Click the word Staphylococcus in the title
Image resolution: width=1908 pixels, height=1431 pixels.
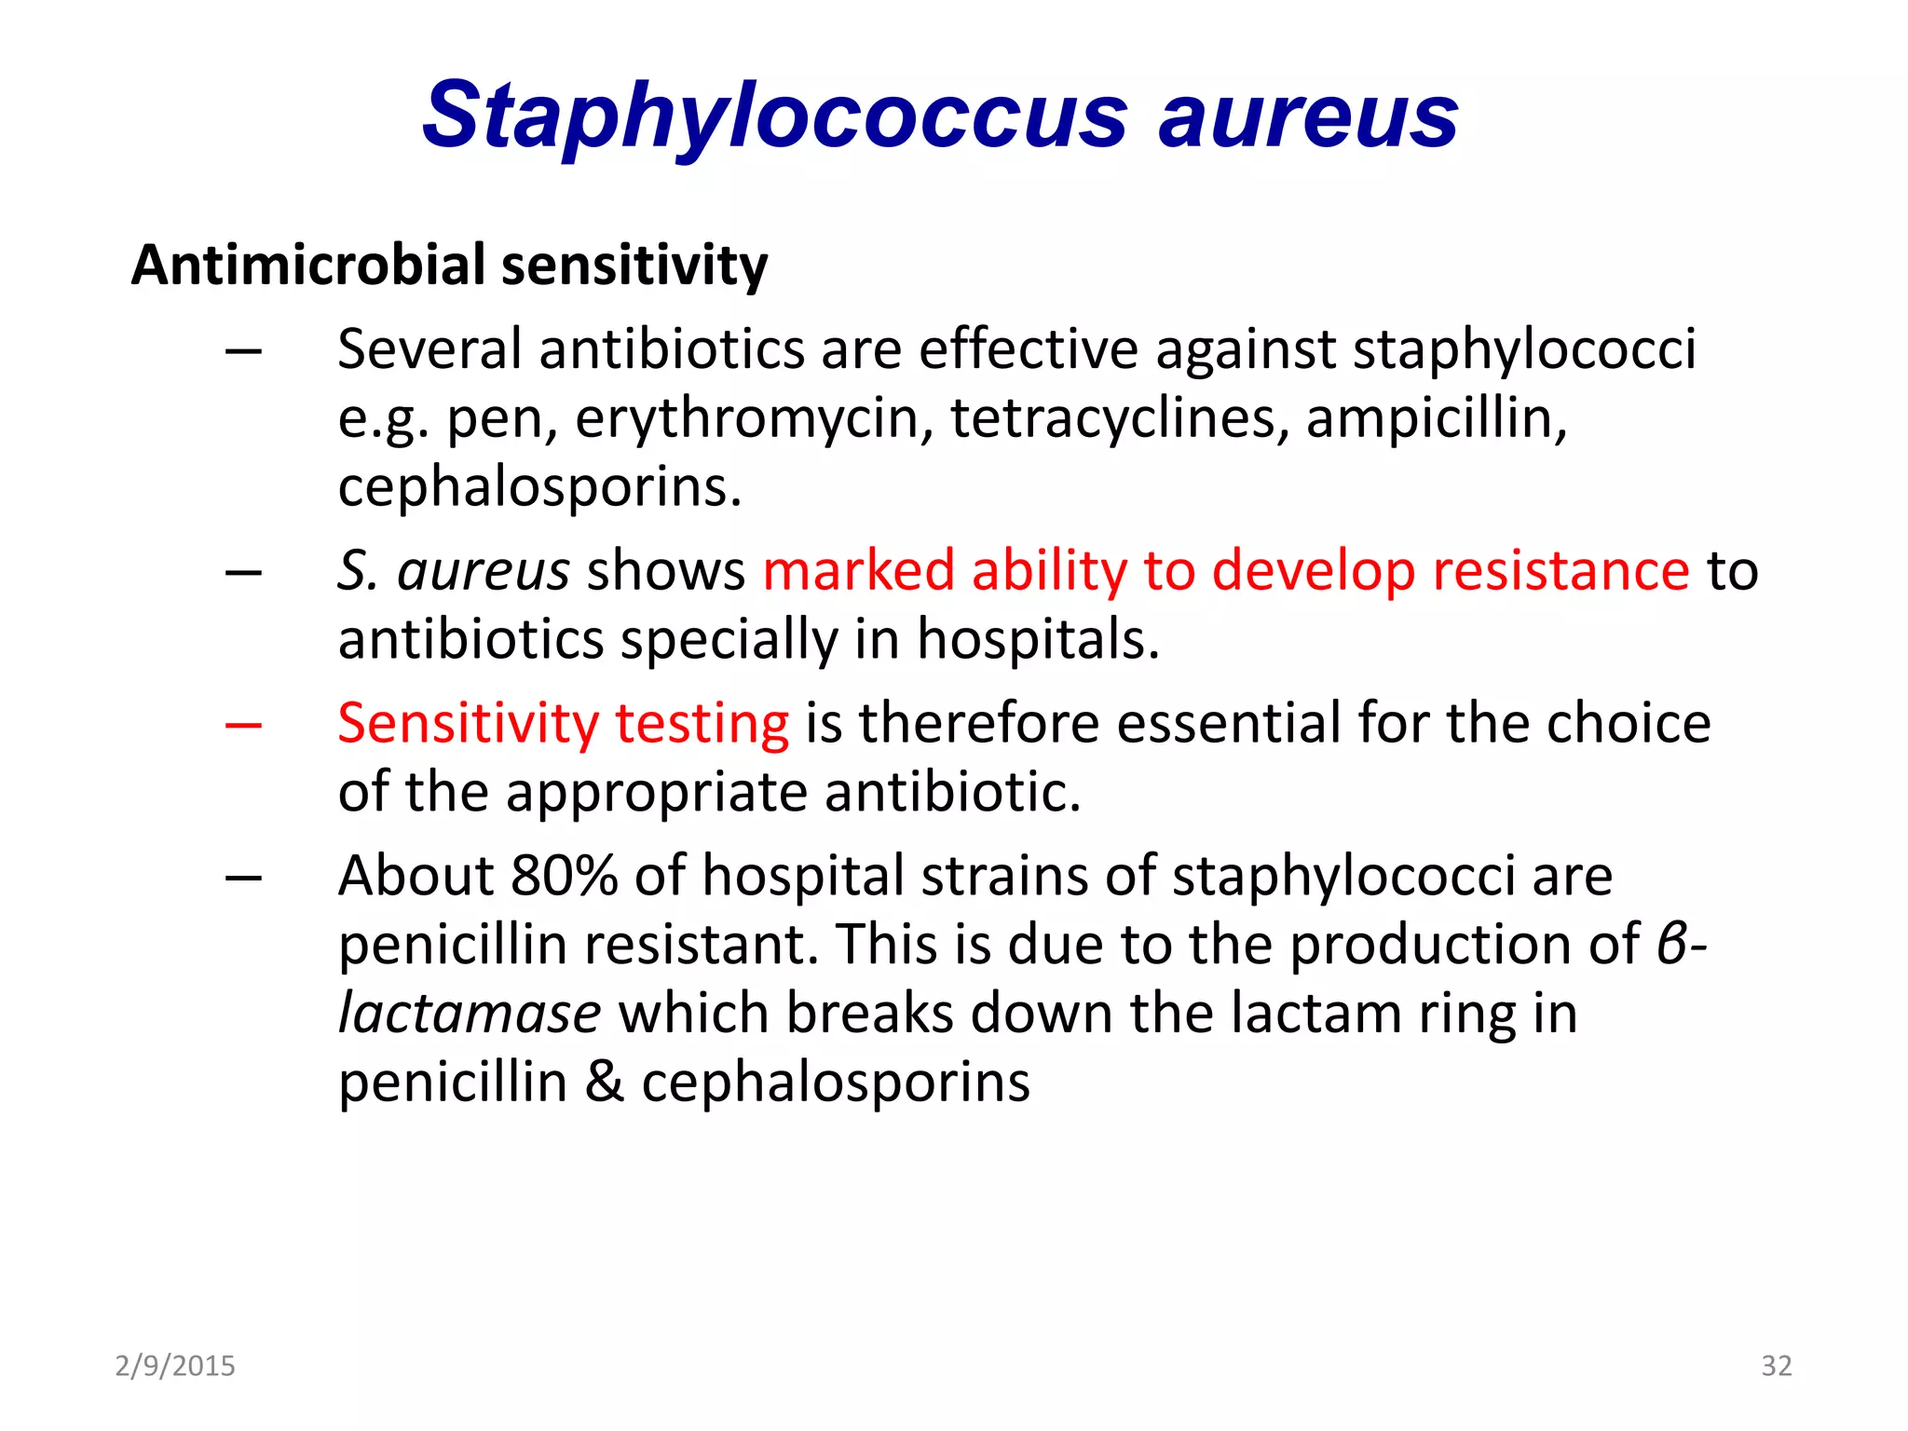coord(774,116)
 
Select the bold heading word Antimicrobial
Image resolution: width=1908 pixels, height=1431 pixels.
coord(308,265)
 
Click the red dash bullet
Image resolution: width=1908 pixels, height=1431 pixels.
coord(243,725)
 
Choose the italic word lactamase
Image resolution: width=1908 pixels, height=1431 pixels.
coord(469,1014)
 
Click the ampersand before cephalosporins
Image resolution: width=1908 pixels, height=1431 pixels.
coord(605,1083)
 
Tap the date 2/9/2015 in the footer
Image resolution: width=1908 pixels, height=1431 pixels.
coord(175,1366)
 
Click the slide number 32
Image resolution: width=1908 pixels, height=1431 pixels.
coord(1776,1366)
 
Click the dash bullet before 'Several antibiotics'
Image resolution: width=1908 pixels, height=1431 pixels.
coord(243,352)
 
